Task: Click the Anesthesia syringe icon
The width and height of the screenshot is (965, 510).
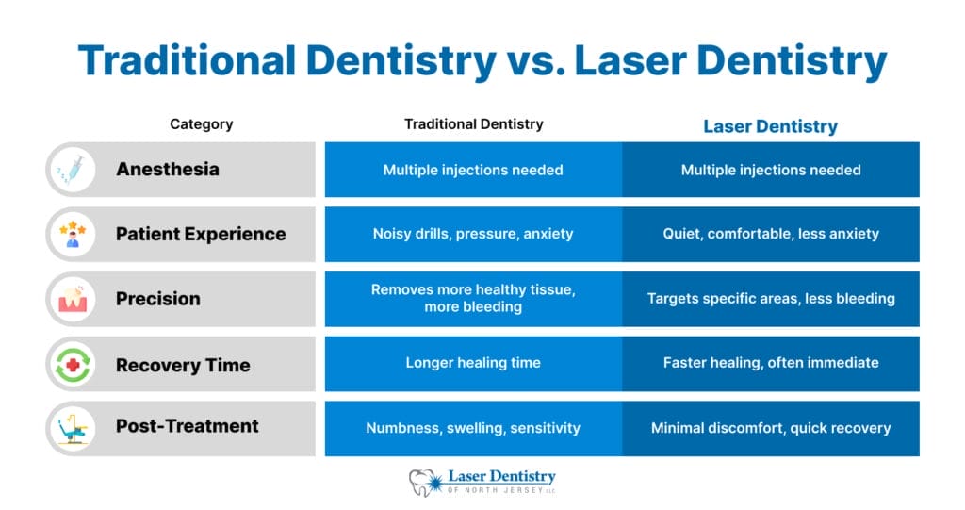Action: point(72,170)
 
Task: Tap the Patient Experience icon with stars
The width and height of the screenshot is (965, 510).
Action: point(72,234)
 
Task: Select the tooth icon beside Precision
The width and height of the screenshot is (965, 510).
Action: point(72,299)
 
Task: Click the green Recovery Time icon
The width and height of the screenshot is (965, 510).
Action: point(72,364)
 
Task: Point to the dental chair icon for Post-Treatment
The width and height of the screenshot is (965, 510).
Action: point(72,428)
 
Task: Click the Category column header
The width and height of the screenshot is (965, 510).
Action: point(201,123)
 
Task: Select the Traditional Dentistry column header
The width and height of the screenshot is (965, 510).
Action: point(473,123)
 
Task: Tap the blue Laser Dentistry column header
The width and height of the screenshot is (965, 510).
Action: point(770,125)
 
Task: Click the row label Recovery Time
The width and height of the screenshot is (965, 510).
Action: point(183,365)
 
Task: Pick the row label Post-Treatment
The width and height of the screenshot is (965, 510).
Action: point(187,426)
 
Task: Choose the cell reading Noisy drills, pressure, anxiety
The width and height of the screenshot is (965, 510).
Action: point(473,234)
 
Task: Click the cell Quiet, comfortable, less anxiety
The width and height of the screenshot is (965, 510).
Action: point(771,234)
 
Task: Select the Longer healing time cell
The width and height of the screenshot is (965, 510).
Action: point(473,363)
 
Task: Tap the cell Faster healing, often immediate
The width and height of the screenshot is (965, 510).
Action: point(771,363)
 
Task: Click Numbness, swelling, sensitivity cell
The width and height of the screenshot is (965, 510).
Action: point(473,428)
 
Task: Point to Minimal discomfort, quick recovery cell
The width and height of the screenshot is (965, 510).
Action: point(771,428)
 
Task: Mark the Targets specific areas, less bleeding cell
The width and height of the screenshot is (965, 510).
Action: point(771,299)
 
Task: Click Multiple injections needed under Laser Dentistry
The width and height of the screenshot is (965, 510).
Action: point(771,170)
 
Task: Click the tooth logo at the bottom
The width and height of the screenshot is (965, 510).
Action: point(423,482)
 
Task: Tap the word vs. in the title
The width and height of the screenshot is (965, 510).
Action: point(535,61)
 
